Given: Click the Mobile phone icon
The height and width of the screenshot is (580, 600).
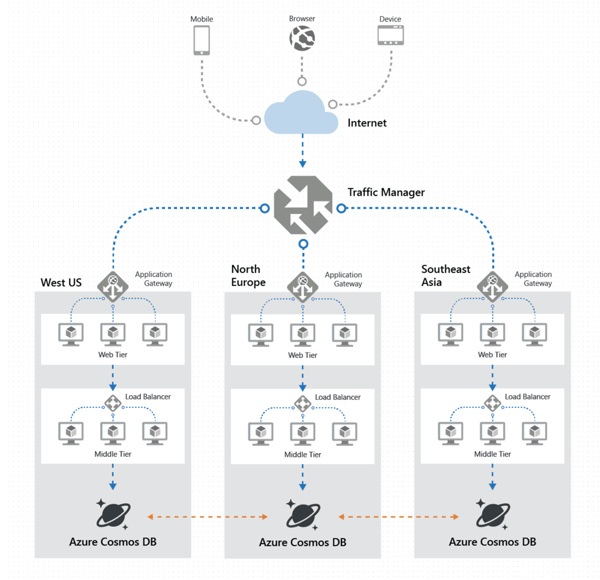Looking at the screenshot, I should [201, 40].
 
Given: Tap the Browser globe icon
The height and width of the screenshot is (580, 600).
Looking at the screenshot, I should [302, 38].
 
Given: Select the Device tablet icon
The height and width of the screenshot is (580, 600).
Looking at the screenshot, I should [390, 36].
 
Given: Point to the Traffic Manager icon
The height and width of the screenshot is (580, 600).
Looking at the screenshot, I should [303, 205].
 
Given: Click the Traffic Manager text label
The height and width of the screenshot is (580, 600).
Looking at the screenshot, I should [386, 192].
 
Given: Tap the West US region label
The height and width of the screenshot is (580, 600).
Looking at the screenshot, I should [61, 282].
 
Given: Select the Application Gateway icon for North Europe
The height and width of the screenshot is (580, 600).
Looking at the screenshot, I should [302, 287].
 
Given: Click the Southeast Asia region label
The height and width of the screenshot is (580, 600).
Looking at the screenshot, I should [445, 275].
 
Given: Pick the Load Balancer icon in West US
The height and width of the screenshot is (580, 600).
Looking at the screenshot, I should [112, 403].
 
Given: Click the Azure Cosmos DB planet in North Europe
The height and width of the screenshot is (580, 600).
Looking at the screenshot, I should [302, 515].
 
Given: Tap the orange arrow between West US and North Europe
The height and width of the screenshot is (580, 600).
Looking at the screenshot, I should [207, 517].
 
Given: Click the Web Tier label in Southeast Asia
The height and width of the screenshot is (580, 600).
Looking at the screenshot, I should [492, 354].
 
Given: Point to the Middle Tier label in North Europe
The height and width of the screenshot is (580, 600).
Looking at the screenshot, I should [302, 454].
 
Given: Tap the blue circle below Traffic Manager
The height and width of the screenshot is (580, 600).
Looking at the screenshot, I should [303, 244].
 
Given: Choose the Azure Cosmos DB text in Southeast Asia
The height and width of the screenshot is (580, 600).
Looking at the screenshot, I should [492, 542].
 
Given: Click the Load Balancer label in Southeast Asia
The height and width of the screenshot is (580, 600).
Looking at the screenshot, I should [527, 396].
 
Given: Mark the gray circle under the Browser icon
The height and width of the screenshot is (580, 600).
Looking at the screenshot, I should [302, 81].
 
